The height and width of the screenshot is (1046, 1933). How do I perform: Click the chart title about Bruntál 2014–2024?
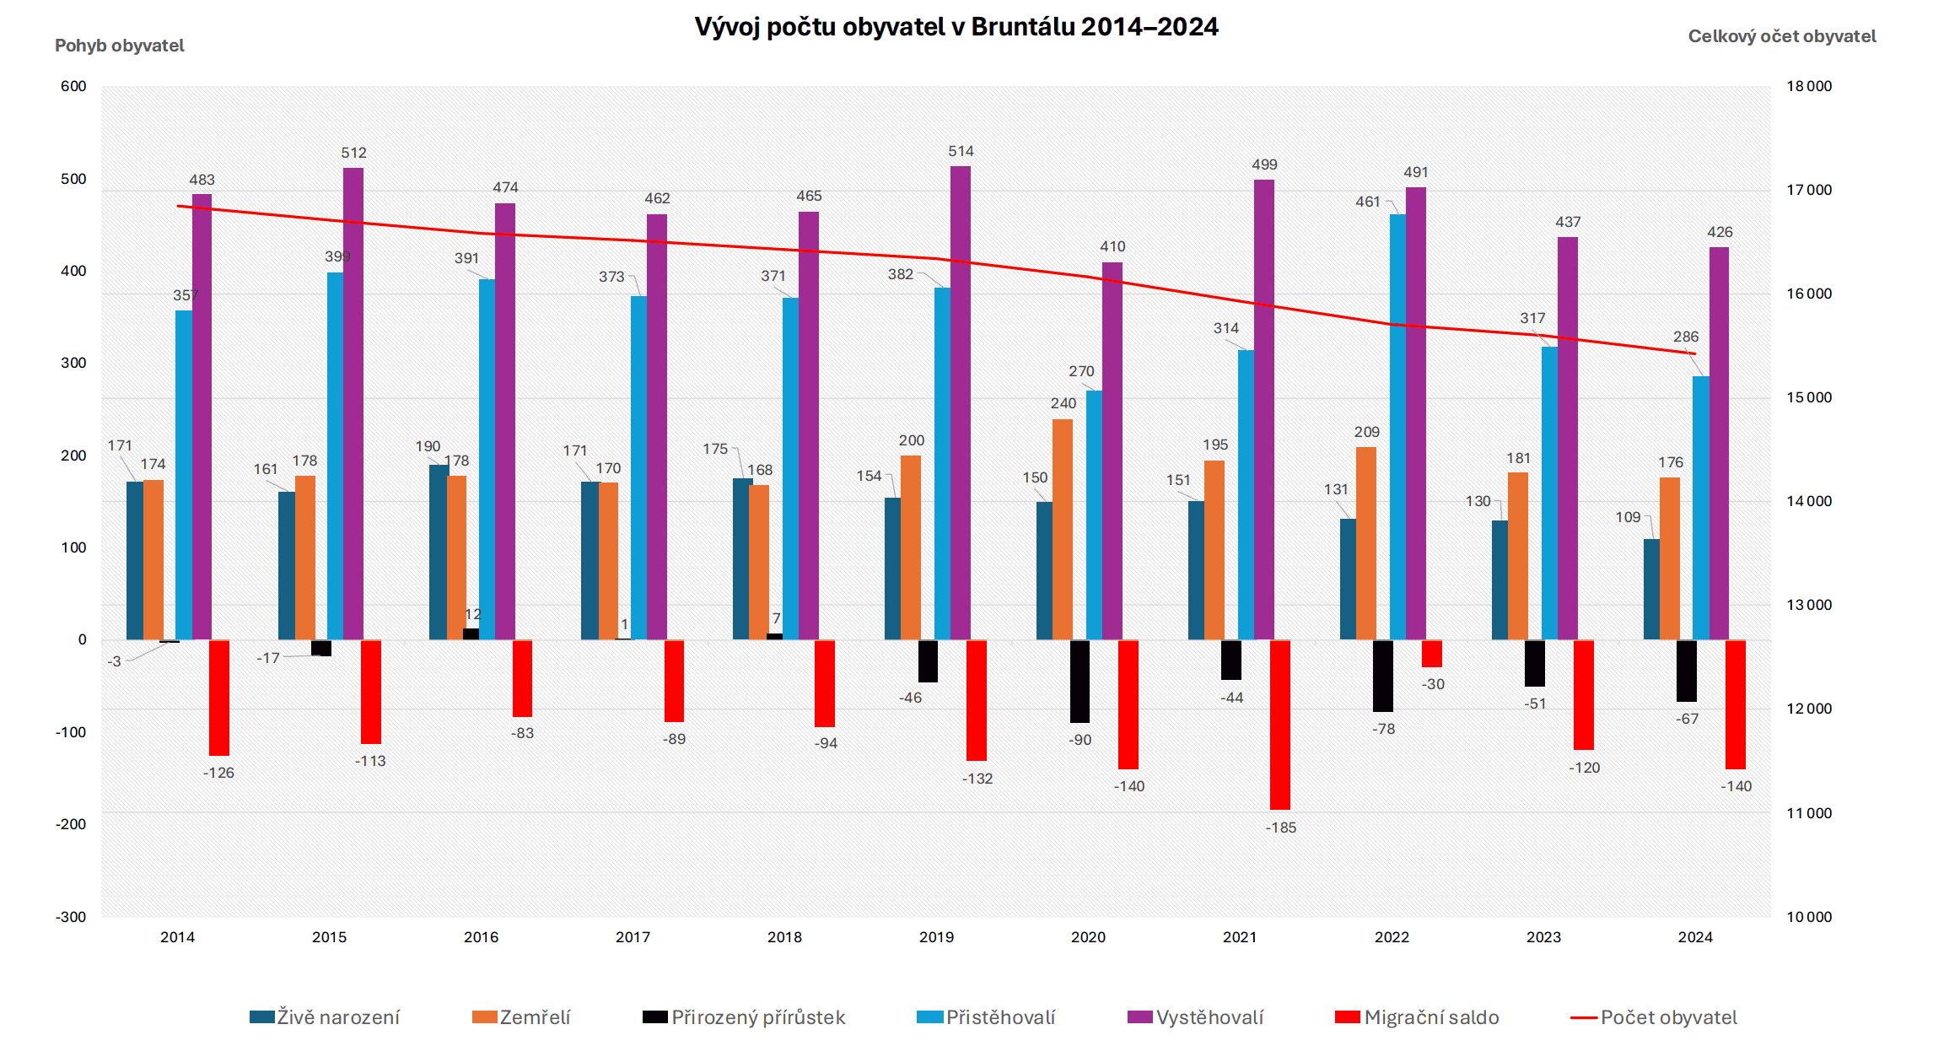(956, 27)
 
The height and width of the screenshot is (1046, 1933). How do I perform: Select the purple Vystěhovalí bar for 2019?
(961, 402)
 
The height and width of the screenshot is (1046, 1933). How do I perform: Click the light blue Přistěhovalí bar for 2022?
(1397, 426)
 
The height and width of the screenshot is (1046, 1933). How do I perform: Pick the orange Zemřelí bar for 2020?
(1063, 529)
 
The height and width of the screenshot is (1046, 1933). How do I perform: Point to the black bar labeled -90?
(1080, 681)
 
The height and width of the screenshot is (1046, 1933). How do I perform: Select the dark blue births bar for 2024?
(1651, 589)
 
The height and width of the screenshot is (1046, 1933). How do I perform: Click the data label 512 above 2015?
(353, 153)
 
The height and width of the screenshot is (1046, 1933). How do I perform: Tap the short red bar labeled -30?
(1432, 654)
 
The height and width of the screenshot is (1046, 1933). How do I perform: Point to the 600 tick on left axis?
(73, 86)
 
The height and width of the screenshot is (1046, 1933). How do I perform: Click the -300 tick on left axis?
(71, 917)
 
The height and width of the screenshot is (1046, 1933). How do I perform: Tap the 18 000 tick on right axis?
(1809, 86)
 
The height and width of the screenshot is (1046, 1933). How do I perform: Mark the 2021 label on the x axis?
(1240, 937)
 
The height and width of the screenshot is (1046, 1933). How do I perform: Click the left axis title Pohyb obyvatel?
(119, 46)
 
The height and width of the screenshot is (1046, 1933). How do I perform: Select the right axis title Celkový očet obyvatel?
(1781, 36)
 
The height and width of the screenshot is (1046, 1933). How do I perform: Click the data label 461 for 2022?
(1367, 202)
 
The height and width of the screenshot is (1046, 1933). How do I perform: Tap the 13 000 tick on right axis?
(1809, 605)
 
